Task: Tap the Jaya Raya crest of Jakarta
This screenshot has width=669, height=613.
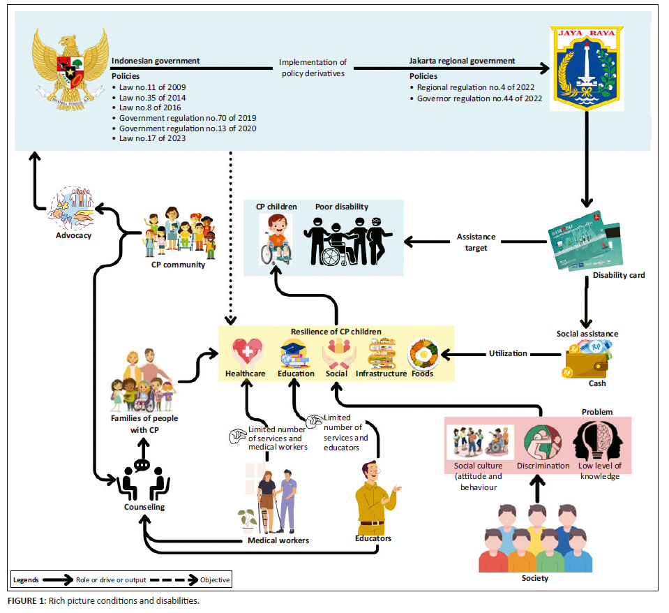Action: click(587, 68)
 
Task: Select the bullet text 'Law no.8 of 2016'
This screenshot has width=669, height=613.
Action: click(150, 108)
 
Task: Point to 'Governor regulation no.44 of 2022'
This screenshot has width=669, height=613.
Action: click(479, 98)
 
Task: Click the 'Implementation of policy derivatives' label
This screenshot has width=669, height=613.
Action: click(313, 68)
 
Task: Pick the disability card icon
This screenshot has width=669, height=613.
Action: click(585, 240)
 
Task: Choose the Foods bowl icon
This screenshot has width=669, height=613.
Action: click(423, 354)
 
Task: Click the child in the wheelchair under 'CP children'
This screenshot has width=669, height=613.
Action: click(276, 239)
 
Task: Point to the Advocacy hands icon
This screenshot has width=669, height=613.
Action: click(72, 208)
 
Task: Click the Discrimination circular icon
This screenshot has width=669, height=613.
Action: click(543, 443)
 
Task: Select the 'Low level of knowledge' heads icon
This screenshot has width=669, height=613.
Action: click(597, 441)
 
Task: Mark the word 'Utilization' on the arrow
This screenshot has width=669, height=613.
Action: click(508, 353)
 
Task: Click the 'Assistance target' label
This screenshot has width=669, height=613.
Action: click(476, 242)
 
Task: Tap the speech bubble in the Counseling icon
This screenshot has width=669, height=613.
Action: click(142, 465)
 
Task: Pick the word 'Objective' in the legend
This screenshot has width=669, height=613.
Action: click(215, 579)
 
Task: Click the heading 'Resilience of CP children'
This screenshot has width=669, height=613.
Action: click(336, 332)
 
